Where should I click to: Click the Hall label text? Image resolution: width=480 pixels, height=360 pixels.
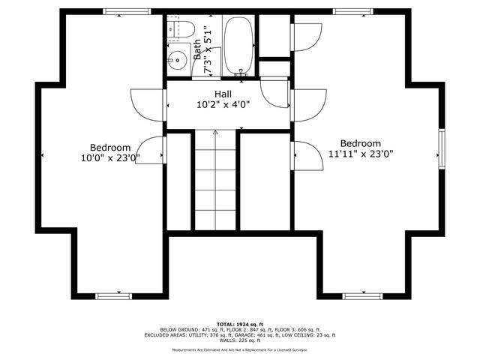[x=223, y=94]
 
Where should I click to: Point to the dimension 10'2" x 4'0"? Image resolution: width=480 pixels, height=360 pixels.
[x=223, y=105]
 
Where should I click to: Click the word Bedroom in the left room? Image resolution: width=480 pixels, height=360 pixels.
[x=110, y=148]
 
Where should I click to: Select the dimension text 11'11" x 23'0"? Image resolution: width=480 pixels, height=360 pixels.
[x=361, y=154]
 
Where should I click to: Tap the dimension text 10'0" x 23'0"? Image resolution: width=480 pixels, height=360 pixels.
[x=110, y=158]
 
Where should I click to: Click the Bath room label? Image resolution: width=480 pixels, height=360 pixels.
[x=197, y=50]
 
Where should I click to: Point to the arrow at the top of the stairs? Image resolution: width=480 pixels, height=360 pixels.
[x=215, y=132]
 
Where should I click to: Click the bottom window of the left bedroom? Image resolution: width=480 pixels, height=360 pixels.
[x=115, y=296]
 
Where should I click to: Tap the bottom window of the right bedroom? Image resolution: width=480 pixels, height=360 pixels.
[x=363, y=296]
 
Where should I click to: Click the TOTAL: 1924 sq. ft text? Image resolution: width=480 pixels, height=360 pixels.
[x=239, y=323]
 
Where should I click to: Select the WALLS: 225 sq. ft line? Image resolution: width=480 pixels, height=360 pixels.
[x=239, y=340]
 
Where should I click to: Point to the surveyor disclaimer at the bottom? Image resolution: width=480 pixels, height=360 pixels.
[x=239, y=349]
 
